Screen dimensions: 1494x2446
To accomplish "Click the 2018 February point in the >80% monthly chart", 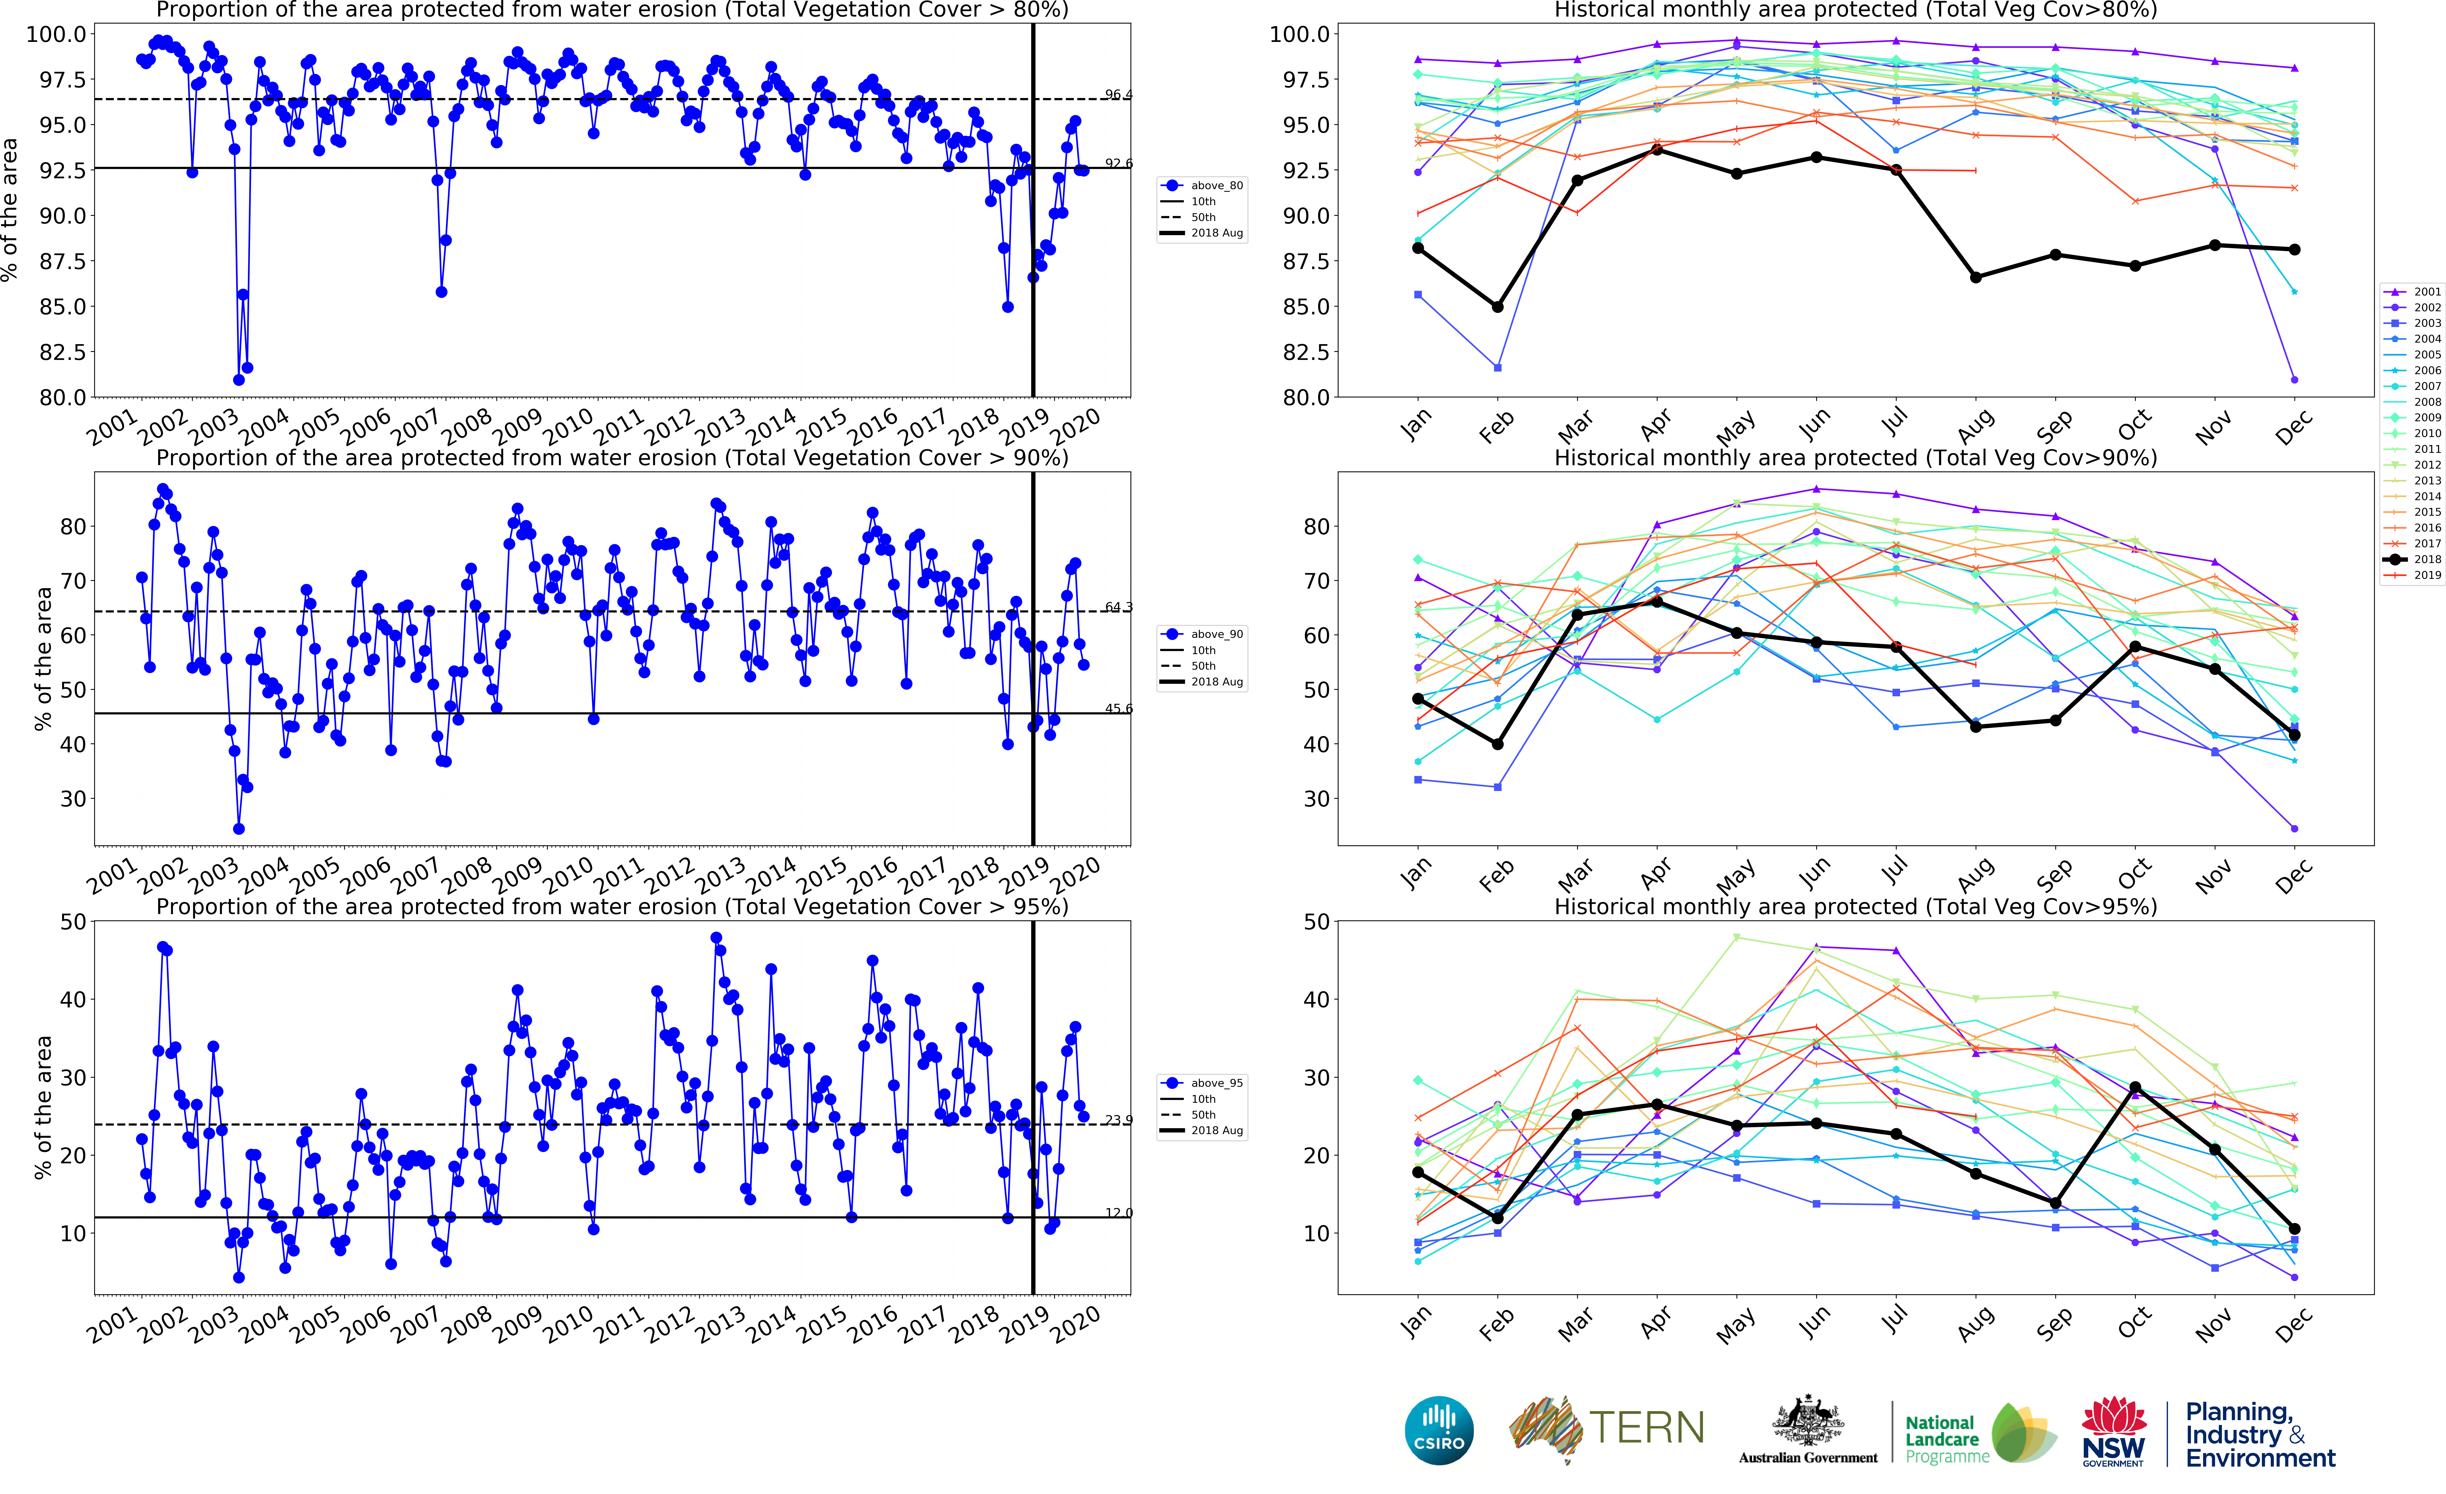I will click(x=1497, y=307).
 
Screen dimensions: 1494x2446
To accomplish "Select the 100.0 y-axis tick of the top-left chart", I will click(x=56, y=34).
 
